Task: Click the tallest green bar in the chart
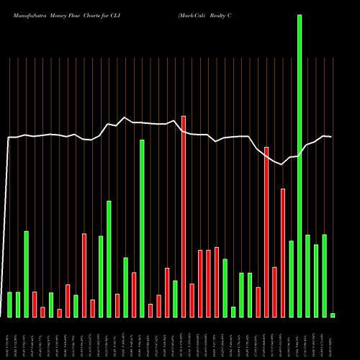coord(300,166)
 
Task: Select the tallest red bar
coord(184,216)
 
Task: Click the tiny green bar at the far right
coord(333,315)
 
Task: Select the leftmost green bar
coord(10,305)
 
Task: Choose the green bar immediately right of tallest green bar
coord(308,276)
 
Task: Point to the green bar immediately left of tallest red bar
coord(175,299)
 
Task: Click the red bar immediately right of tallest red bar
coord(192,300)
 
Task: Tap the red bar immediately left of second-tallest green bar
coord(134,294)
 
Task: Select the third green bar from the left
coord(27,274)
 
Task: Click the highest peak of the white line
coord(125,117)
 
